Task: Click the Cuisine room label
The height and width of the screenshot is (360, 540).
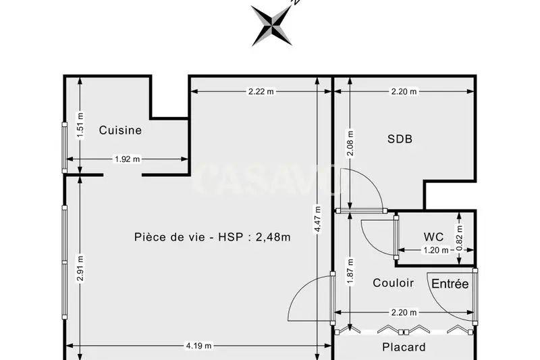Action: tap(120, 130)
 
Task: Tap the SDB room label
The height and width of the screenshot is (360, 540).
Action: tap(400, 139)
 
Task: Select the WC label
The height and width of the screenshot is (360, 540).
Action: tap(433, 237)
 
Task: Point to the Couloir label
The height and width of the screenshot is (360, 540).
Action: tap(393, 283)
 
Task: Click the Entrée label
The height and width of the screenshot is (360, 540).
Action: tap(450, 284)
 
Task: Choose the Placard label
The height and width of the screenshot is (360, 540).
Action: tap(404, 347)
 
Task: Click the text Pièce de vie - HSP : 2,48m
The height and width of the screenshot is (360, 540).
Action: tap(213, 237)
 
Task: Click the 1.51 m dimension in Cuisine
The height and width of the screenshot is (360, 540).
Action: tap(80, 126)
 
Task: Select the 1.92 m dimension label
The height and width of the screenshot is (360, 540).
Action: tap(127, 159)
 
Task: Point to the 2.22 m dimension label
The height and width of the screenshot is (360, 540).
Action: tap(261, 91)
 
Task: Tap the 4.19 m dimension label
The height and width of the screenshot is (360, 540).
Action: tap(199, 346)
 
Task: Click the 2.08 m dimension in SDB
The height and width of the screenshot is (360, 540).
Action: tap(350, 143)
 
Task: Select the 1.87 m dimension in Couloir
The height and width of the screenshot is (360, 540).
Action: tap(350, 270)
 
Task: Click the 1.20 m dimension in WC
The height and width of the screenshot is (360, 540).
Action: tap(435, 251)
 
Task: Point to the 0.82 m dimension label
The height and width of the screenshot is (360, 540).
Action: tap(460, 237)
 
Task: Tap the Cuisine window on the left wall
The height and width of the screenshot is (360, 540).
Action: tap(64, 147)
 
